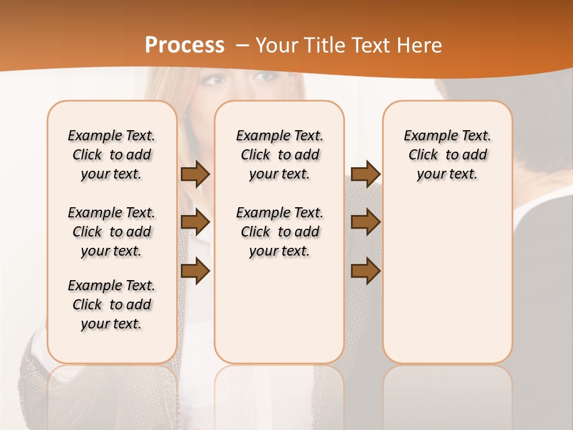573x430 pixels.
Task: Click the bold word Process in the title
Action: [x=184, y=45]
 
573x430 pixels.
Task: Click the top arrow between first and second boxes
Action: [x=195, y=174]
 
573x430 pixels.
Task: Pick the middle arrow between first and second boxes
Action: [x=195, y=222]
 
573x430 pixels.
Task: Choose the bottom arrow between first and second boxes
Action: [x=195, y=271]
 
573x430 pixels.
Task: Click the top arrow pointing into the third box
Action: [x=365, y=174]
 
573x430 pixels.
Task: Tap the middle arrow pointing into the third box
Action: [x=365, y=222]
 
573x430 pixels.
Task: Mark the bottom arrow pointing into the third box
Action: [x=365, y=271]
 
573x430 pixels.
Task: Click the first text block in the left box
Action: [x=112, y=155]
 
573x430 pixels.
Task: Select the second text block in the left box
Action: [x=112, y=232]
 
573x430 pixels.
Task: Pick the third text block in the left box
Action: [x=112, y=305]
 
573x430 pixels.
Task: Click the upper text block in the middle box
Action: [x=279, y=155]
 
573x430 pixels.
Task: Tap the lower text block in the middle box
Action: [x=279, y=232]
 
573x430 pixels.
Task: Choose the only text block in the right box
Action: [x=447, y=155]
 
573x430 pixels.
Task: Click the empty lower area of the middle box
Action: [x=279, y=311]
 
